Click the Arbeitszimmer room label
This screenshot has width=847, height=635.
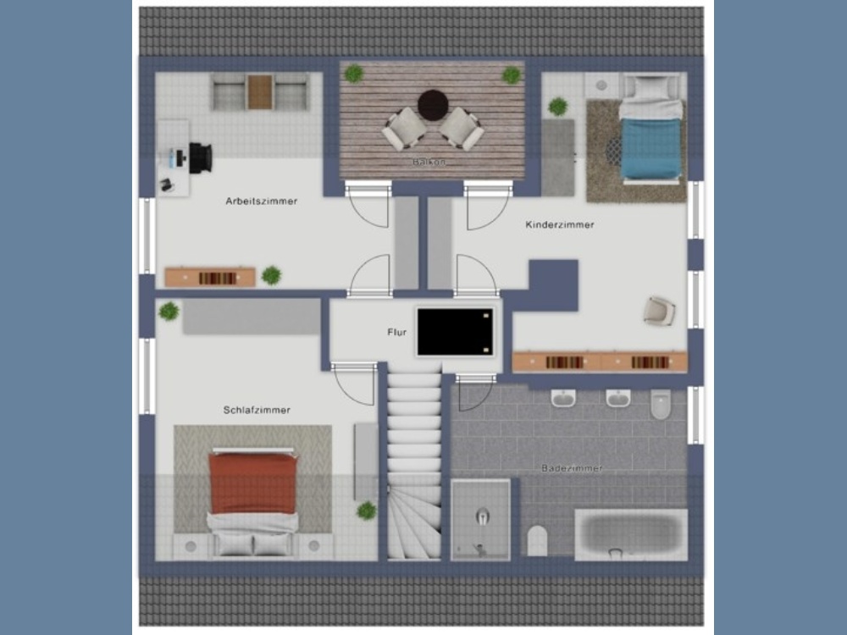pyautogui.click(x=262, y=202)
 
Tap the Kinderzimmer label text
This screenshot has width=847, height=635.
pyautogui.click(x=560, y=224)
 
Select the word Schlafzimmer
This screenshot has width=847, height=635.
pyautogui.click(x=257, y=410)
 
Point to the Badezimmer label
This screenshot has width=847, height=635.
pyautogui.click(x=572, y=468)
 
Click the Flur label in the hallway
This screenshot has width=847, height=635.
pyautogui.click(x=397, y=332)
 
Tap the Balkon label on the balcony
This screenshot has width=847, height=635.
pyautogui.click(x=429, y=162)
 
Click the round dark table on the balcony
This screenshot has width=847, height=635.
pyautogui.click(x=433, y=105)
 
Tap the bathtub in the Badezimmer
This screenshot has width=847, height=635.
pyautogui.click(x=631, y=534)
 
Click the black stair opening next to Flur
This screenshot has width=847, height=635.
pyautogui.click(x=456, y=332)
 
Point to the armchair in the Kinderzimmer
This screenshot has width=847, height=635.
pyautogui.click(x=660, y=311)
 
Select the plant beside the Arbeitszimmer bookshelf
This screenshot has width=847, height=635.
pyautogui.click(x=271, y=275)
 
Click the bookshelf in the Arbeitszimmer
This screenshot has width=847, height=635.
pyautogui.click(x=210, y=278)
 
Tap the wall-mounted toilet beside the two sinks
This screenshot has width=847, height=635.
pyautogui.click(x=660, y=404)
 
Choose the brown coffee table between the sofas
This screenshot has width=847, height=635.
pyautogui.click(x=260, y=91)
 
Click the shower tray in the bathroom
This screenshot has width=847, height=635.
pyautogui.click(x=481, y=520)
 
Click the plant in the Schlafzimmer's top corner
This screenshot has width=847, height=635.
pyautogui.click(x=169, y=311)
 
